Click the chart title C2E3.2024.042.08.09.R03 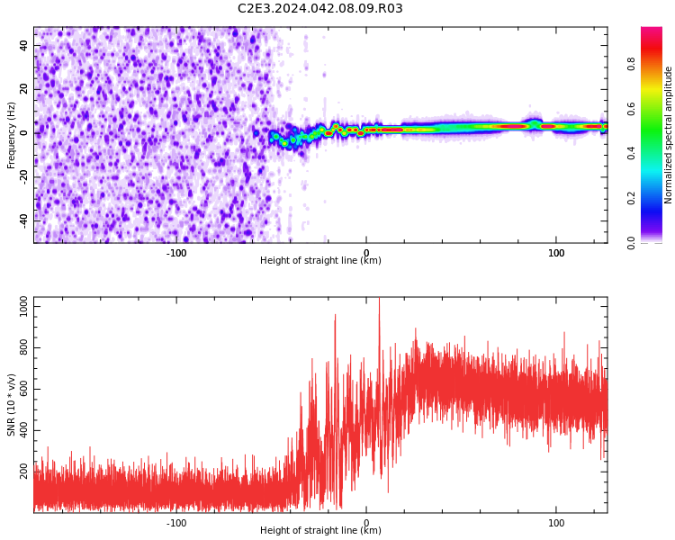coord(319,8)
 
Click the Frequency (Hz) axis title coord(11,135)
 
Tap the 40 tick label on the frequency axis coord(24,45)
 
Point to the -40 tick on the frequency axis coord(24,221)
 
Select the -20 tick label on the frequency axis coord(24,177)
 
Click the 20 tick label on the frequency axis coord(24,89)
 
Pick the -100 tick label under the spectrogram coord(176,253)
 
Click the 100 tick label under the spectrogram coord(556,253)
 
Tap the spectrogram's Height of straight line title coord(320,260)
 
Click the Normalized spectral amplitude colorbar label coord(668,135)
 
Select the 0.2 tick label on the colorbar coord(631,198)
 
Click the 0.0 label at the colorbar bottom coord(631,243)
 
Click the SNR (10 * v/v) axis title coord(11,405)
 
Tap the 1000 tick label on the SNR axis coord(24,307)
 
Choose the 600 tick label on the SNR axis coord(24,390)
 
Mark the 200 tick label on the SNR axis coord(24,472)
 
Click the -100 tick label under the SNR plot coord(176,523)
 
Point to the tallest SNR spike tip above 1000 coord(379,298)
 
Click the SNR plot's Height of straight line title coord(320,530)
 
